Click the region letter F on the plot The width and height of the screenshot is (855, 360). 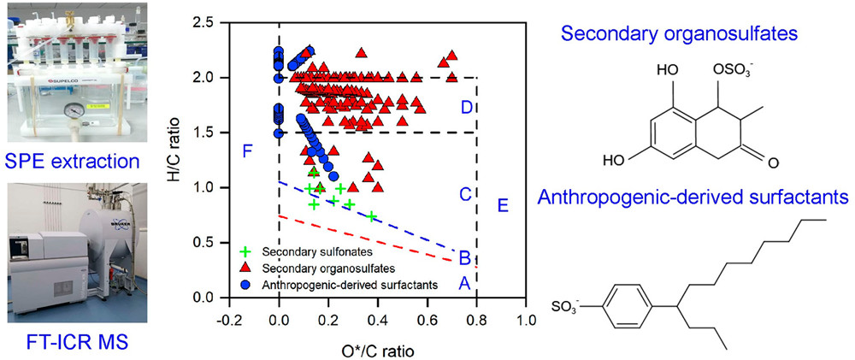tap(247, 153)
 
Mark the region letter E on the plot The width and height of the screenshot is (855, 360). tap(502, 205)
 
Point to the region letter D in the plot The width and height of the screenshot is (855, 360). tap(466, 108)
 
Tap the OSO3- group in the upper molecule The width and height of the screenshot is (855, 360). tap(726, 90)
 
